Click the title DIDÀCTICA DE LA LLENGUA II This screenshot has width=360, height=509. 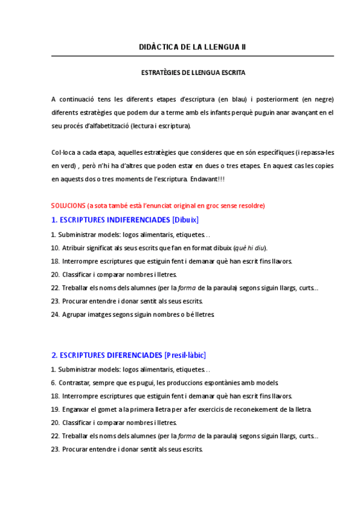[193, 47]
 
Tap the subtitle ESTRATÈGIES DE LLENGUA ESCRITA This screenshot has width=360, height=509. [193, 73]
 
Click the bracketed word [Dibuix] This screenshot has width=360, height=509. [185, 220]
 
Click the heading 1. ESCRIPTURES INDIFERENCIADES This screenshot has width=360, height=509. [110, 220]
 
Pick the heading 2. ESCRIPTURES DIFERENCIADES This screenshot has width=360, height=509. [106, 355]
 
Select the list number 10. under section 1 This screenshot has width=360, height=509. [55, 248]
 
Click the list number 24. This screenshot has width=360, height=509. [55, 315]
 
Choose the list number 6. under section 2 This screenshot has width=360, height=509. [53, 383]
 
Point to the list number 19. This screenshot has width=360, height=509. [55, 409]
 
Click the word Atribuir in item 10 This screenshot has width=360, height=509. [74, 248]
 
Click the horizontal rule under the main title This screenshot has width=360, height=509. [193, 56]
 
